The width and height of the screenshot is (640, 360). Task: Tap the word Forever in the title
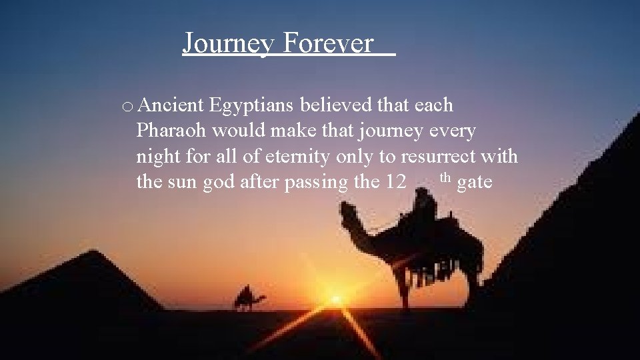point(327,43)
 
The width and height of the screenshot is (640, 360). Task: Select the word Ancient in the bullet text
point(172,105)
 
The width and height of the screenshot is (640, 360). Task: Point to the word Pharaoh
point(173,131)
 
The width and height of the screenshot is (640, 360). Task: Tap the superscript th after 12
point(446,177)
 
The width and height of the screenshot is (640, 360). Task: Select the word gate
point(475,182)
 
